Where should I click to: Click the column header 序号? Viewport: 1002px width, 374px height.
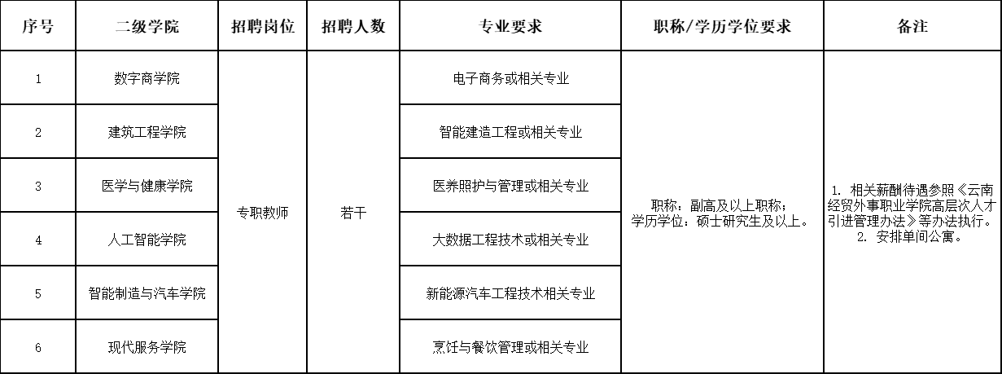click(x=38, y=26)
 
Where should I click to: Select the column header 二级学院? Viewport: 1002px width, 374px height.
click(x=147, y=26)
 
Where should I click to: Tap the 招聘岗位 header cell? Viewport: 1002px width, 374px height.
click(x=263, y=26)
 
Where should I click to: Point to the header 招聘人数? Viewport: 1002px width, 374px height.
click(x=353, y=26)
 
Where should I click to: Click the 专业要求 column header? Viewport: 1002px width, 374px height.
click(x=510, y=26)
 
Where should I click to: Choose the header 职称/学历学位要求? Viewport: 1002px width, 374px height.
click(x=723, y=26)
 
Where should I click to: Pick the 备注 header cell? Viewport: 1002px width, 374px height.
click(x=912, y=26)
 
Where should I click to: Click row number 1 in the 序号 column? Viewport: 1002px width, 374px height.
click(x=38, y=79)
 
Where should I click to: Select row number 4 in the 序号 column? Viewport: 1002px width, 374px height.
click(x=38, y=240)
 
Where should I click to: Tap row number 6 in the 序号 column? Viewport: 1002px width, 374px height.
click(x=38, y=348)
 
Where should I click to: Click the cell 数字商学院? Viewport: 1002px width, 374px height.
click(x=147, y=78)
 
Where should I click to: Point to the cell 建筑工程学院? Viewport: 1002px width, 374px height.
click(x=147, y=132)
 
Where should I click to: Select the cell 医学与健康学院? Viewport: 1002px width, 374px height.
click(x=147, y=186)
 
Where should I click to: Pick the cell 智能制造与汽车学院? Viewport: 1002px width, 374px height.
click(x=147, y=293)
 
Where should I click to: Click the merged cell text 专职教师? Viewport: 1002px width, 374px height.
click(x=263, y=213)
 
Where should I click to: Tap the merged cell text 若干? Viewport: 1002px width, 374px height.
click(x=353, y=213)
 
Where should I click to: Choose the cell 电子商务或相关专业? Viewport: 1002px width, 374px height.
click(x=510, y=78)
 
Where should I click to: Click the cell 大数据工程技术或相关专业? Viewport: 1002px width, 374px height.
click(x=510, y=240)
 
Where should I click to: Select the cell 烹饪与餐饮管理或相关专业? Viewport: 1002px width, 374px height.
click(x=510, y=347)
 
